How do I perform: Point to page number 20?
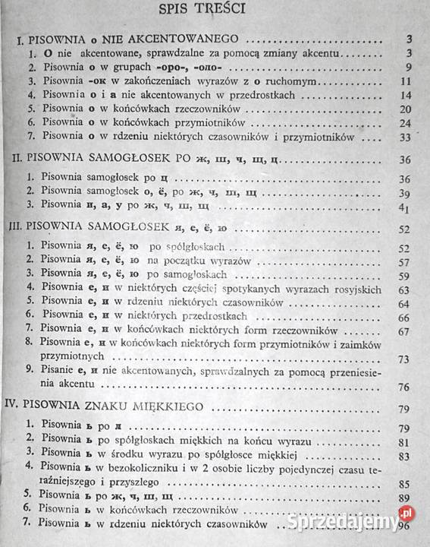406,109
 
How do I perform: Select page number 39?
406,194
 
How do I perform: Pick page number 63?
406,289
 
